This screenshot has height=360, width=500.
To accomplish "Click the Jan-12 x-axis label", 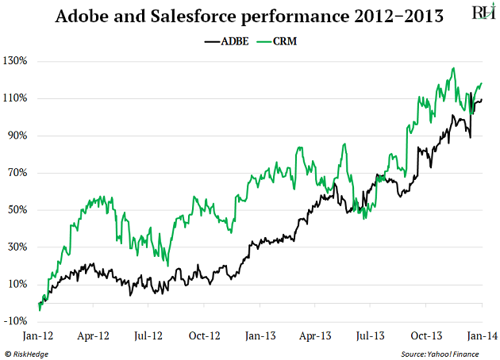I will [38, 336].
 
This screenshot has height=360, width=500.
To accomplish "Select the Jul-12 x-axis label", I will [148, 336].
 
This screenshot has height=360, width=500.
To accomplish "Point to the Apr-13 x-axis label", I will [315, 336].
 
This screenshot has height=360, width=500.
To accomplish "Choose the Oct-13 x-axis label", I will [425, 336].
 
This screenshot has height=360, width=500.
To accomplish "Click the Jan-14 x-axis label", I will [482, 336].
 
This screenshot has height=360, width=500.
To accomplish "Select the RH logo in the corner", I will [481, 13].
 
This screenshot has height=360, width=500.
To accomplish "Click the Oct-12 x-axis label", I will [204, 336].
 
